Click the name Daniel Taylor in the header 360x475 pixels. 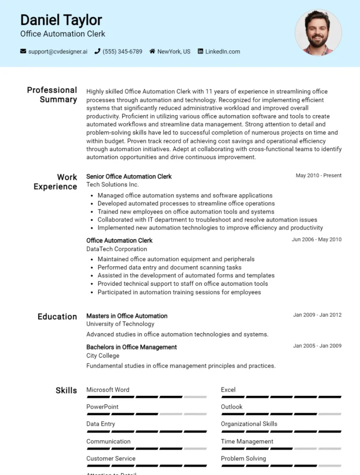(x=61, y=20)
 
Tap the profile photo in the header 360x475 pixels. (x=318, y=33)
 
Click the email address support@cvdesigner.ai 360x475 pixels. (x=58, y=52)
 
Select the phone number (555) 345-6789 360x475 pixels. (x=122, y=52)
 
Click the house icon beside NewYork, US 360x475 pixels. (x=152, y=52)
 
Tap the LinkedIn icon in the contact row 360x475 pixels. (x=201, y=52)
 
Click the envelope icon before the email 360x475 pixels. (x=23, y=52)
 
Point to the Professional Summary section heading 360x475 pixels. (x=52, y=95)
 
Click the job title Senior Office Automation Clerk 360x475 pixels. (x=129, y=177)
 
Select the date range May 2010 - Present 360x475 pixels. (x=318, y=176)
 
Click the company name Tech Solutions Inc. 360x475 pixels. (x=112, y=185)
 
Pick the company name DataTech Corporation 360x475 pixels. (x=116, y=249)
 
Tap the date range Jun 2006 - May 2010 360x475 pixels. (x=316, y=239)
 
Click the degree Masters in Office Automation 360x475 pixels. (x=127, y=316)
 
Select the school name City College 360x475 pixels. (x=103, y=356)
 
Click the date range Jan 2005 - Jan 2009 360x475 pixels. (x=317, y=346)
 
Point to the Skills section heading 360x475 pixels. (x=66, y=390)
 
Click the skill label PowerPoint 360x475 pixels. (x=102, y=407)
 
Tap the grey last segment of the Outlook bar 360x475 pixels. (x=330, y=414)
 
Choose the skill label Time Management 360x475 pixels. (x=247, y=441)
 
